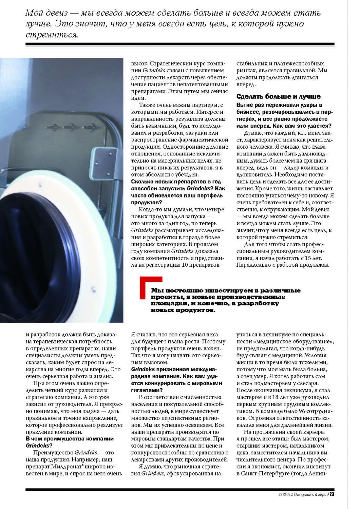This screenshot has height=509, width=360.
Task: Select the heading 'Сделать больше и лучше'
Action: point(278,96)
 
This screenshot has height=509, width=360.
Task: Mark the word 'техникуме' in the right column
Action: point(268,335)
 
